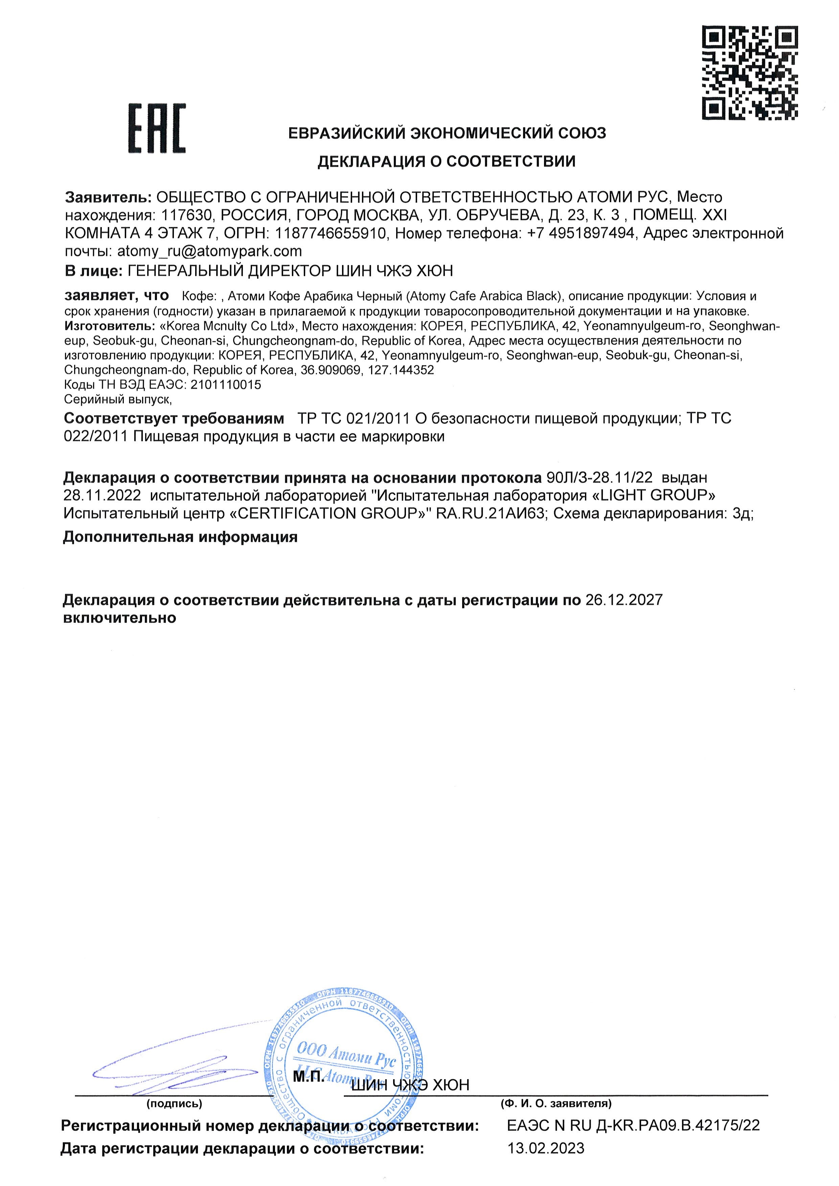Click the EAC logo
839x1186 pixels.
(x=157, y=128)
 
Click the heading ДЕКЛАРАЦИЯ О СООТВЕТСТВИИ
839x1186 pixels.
(x=446, y=162)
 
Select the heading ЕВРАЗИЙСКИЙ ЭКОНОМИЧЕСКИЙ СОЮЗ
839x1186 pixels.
(x=447, y=133)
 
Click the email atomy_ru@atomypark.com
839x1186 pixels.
(x=209, y=251)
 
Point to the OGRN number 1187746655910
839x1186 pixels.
(x=330, y=234)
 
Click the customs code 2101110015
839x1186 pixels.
(x=226, y=384)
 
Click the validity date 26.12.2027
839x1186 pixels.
(x=623, y=600)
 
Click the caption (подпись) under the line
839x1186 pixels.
(x=174, y=1104)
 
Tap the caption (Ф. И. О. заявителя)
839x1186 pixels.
(x=556, y=1104)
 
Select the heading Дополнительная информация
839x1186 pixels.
(x=180, y=537)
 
